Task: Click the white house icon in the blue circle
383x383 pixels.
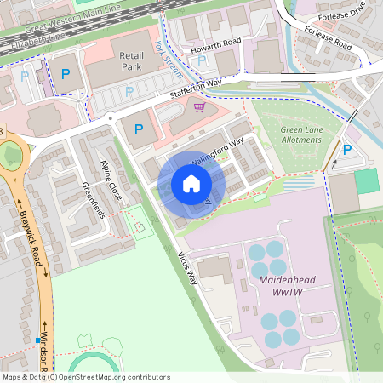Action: (x=191, y=184)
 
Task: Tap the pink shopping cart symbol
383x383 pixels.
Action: (x=200, y=108)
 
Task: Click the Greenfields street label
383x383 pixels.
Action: (x=93, y=200)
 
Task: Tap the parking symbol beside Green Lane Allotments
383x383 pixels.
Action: (x=346, y=150)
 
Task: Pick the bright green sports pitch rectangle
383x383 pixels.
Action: (x=366, y=180)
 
